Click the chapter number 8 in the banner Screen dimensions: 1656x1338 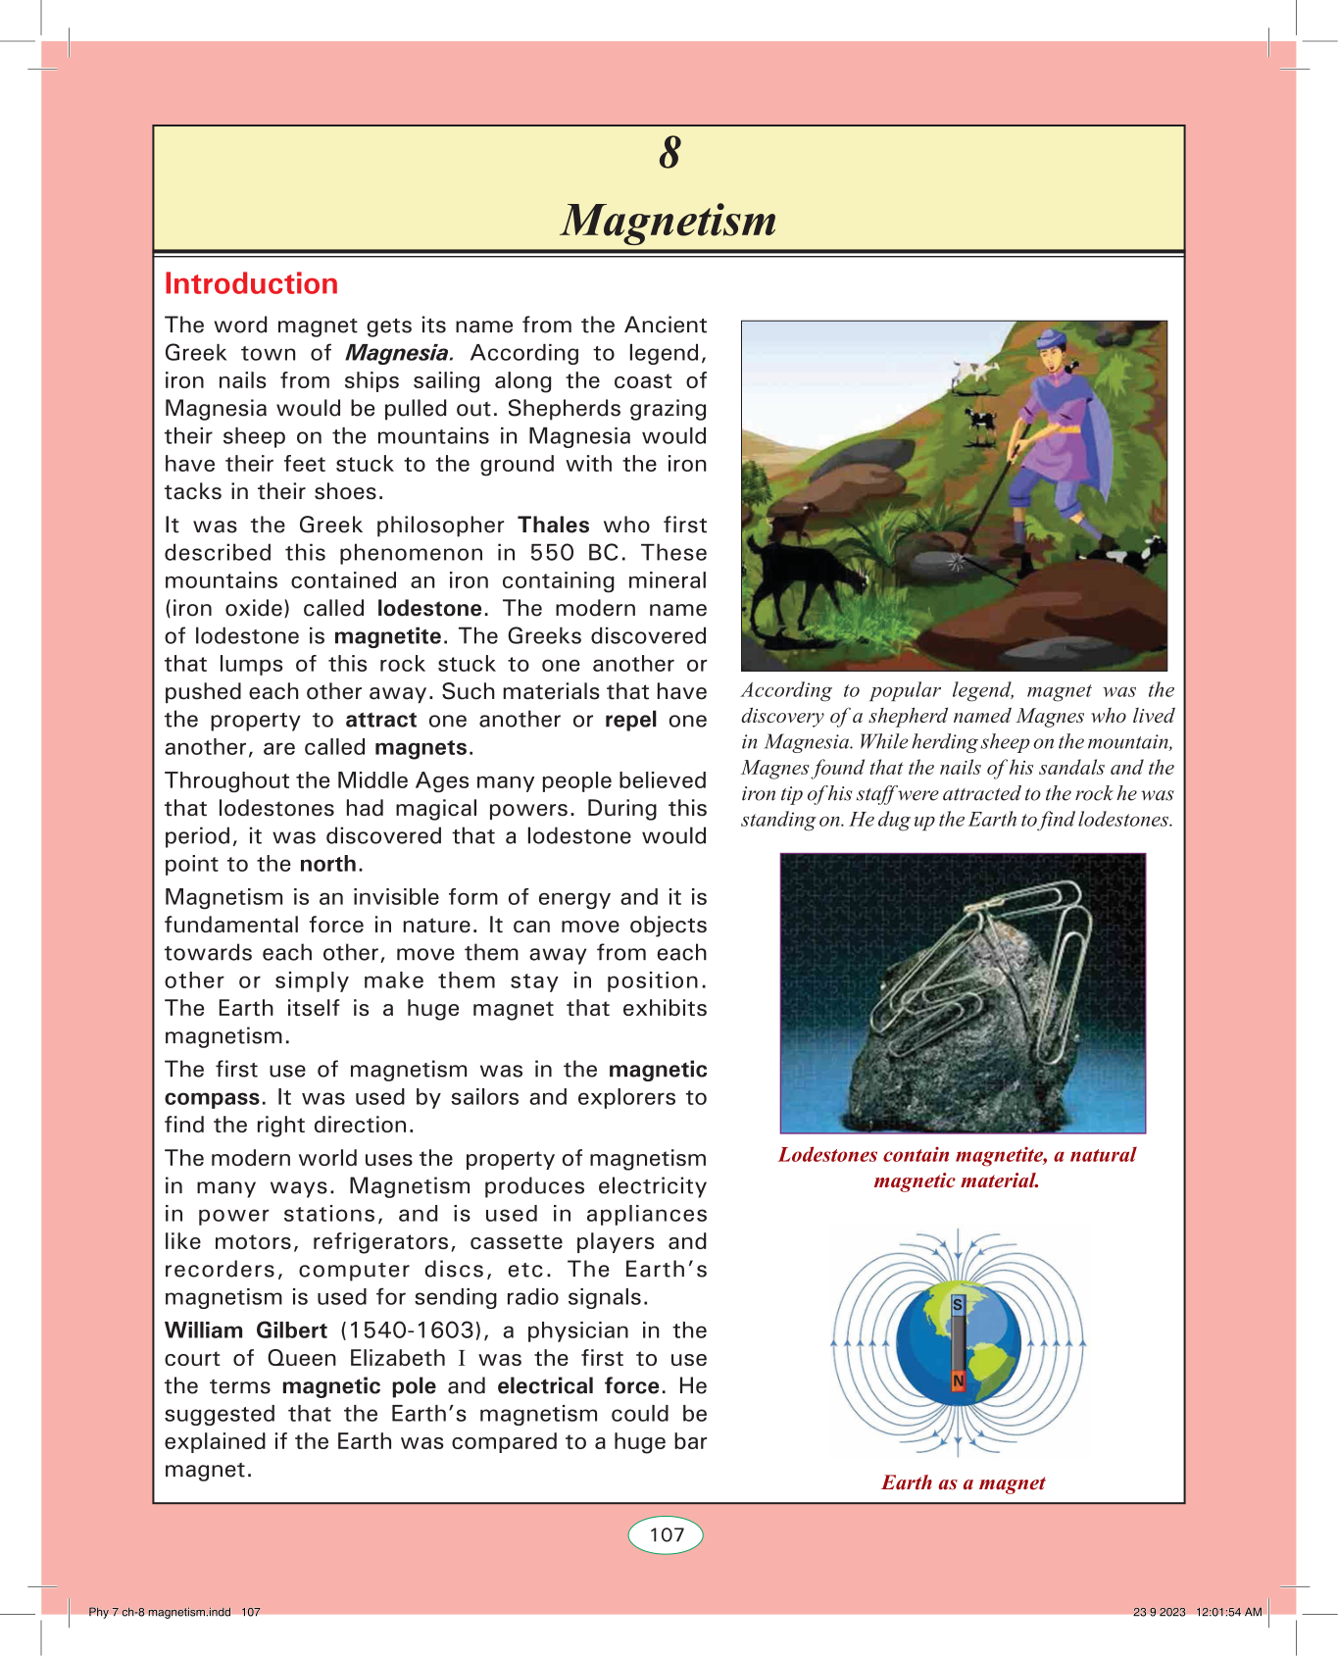pos(669,154)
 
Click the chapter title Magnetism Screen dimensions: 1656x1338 pos(669,221)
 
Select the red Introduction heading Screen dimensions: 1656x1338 pos(251,284)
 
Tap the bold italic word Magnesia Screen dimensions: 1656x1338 pos(397,353)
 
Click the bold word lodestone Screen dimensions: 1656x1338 pos(429,609)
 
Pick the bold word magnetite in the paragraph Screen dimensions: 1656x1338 pos(387,636)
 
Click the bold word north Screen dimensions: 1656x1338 pos(329,864)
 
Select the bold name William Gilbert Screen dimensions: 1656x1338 pos(246,1330)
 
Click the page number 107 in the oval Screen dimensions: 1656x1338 pos(667,1535)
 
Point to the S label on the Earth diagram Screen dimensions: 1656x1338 pos(958,1305)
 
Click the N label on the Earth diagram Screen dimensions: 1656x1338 pos(958,1380)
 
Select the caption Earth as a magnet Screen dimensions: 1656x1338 pos(963,1482)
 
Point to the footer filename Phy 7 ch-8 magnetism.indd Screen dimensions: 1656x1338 pos(160,1612)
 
